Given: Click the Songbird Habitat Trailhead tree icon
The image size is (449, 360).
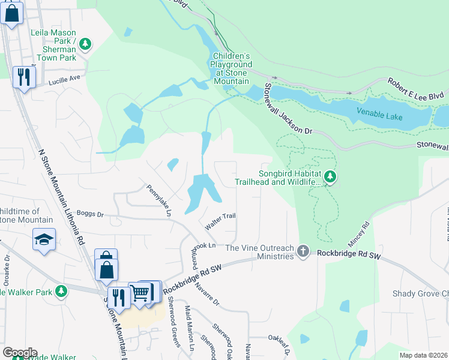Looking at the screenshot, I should (330, 177).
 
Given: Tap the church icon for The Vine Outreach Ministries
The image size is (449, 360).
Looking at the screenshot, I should (303, 252).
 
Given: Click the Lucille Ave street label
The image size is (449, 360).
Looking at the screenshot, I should (64, 79).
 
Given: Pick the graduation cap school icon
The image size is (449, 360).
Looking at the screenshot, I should (44, 240).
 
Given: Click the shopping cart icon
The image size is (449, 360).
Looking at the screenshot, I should (139, 293).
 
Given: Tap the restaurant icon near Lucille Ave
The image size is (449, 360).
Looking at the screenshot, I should (24, 77).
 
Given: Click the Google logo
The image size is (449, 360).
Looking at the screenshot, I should (19, 353).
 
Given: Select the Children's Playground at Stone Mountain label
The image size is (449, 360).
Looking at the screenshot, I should (231, 68).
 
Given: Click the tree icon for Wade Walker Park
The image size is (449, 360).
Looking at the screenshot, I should (61, 292).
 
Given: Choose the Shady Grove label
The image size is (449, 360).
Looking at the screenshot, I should (420, 293).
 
